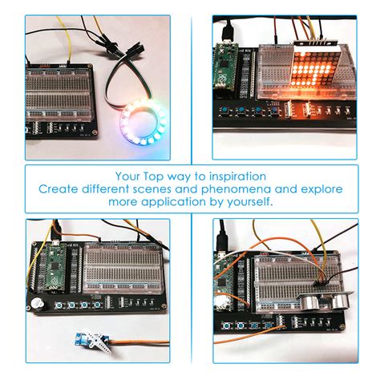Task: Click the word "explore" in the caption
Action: [322, 189]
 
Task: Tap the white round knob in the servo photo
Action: [38, 305]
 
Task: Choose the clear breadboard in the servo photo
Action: [119, 265]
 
